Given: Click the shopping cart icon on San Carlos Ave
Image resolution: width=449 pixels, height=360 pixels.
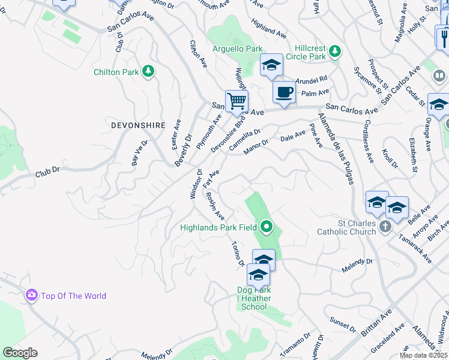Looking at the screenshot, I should pyautogui.click(x=237, y=101).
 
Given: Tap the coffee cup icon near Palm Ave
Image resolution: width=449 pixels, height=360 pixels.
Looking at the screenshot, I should pyautogui.click(x=284, y=92).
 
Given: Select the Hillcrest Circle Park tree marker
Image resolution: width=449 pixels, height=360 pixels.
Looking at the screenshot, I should pyautogui.click(x=335, y=52).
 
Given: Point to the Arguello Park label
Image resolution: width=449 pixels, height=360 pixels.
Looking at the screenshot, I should pyautogui.click(x=238, y=48).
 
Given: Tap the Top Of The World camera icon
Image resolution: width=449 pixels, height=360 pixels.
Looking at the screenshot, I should pyautogui.click(x=31, y=295).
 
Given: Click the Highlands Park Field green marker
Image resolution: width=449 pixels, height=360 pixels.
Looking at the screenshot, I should pyautogui.click(x=267, y=227).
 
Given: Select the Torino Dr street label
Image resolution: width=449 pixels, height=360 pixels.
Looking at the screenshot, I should pyautogui.click(x=238, y=254).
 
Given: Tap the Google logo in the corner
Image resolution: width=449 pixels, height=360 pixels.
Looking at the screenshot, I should pyautogui.click(x=20, y=353).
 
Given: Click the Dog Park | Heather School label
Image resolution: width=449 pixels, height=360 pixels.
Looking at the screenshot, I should pyautogui.click(x=254, y=299).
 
